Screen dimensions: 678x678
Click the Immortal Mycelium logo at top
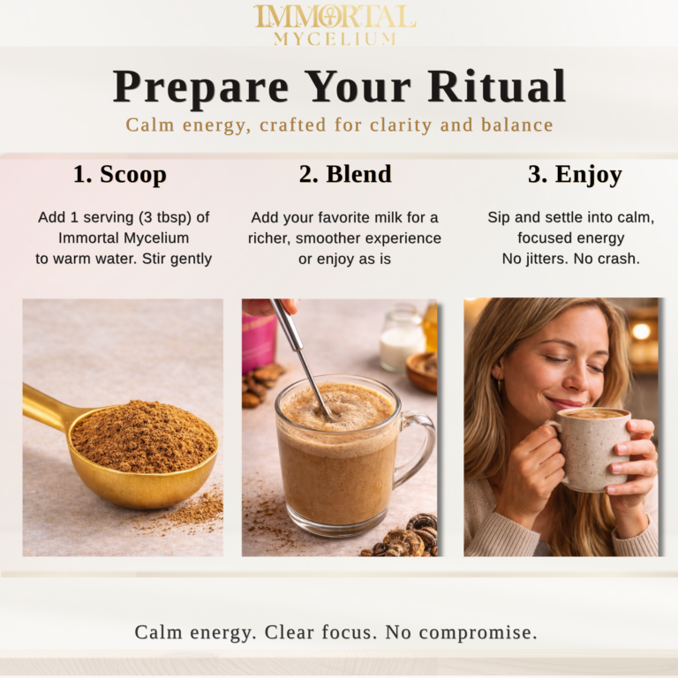335,25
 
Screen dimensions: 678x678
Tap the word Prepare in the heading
201,87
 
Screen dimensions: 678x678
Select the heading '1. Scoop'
119,174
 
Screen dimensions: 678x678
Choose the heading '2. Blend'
344,174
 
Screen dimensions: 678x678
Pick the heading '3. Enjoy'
575,174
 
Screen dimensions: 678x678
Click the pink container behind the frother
260,341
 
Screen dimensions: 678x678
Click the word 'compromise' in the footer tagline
479,632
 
